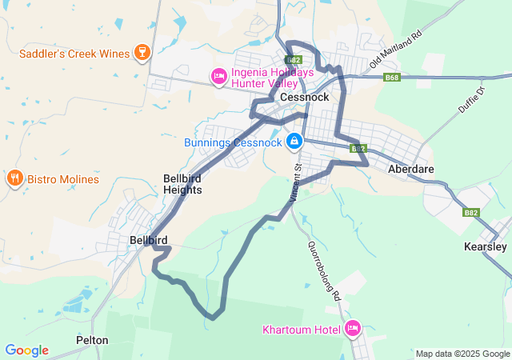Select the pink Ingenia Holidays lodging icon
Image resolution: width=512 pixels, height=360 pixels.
click(x=218, y=77)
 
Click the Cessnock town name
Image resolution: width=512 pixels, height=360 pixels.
click(x=304, y=98)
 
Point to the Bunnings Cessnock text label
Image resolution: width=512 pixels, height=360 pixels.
click(x=233, y=142)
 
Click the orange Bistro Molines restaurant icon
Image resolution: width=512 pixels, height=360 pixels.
click(x=14, y=178)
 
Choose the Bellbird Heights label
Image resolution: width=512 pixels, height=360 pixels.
click(x=182, y=184)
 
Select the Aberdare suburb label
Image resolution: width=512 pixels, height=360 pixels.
click(x=410, y=170)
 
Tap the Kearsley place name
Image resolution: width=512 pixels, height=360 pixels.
click(x=486, y=247)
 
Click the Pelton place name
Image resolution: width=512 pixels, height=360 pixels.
click(x=92, y=340)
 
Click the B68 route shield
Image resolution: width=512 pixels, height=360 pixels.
click(x=391, y=78)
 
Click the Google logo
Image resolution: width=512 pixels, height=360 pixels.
click(x=26, y=350)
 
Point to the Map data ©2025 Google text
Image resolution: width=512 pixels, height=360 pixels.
click(x=462, y=354)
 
